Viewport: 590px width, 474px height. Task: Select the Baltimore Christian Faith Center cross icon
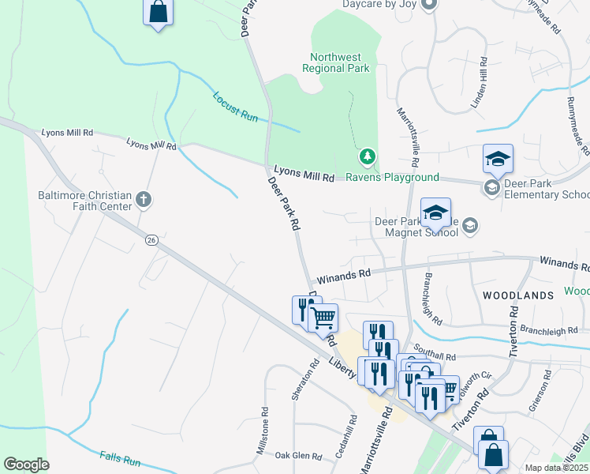tap(143, 199)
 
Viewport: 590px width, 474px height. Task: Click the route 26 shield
tap(151, 239)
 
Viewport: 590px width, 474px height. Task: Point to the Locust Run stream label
tap(235, 107)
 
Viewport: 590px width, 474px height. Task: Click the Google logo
tap(26, 465)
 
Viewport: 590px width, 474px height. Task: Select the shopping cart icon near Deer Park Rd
tap(323, 318)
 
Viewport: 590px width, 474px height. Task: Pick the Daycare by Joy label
tap(378, 4)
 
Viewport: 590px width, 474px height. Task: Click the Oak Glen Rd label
tap(299, 456)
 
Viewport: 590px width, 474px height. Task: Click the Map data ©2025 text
tap(556, 468)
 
